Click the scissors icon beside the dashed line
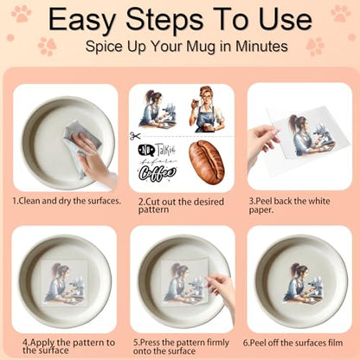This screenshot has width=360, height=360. click(135, 136)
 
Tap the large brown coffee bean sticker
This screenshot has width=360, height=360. click(206, 162)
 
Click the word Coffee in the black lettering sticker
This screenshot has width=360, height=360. click(157, 174)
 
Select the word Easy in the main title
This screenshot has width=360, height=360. click(81, 20)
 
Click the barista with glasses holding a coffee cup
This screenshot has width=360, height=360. click(207, 109)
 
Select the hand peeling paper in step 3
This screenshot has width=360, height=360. click(262, 148)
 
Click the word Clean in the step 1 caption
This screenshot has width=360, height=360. click(29, 201)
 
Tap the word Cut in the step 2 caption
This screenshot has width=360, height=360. click(152, 202)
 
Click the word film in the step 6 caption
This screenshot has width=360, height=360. click(336, 343)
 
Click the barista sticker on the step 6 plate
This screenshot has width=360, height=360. click(301, 282)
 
